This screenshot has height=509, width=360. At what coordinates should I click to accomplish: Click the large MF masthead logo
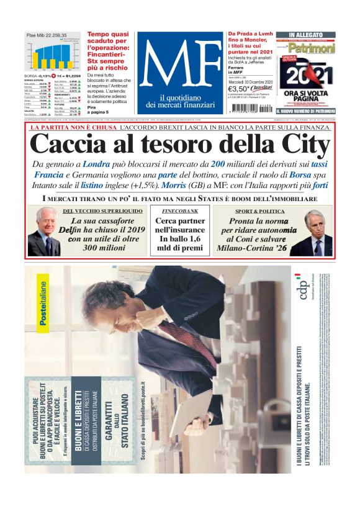[x=179, y=61]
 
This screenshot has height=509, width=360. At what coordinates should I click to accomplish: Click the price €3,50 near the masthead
[x=238, y=89]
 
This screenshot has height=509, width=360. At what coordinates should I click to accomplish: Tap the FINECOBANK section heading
[x=180, y=212]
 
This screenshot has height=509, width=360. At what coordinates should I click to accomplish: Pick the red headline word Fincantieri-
[x=107, y=54]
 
